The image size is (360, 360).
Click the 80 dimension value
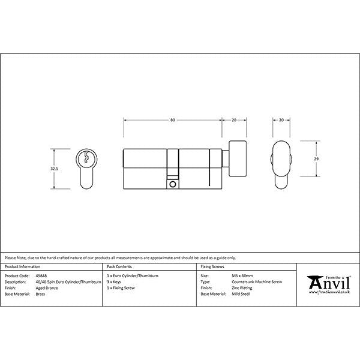[x=172, y=121]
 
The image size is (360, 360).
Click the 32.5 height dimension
[x=55, y=169]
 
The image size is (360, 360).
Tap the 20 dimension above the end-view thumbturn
[x=281, y=121]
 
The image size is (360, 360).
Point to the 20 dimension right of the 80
[x=233, y=121]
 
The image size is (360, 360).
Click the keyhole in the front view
[x=86, y=159]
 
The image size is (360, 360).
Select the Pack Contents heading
[x=118, y=266]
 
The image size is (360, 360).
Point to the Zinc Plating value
[x=242, y=288]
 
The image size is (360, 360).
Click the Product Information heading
[x=23, y=266]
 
